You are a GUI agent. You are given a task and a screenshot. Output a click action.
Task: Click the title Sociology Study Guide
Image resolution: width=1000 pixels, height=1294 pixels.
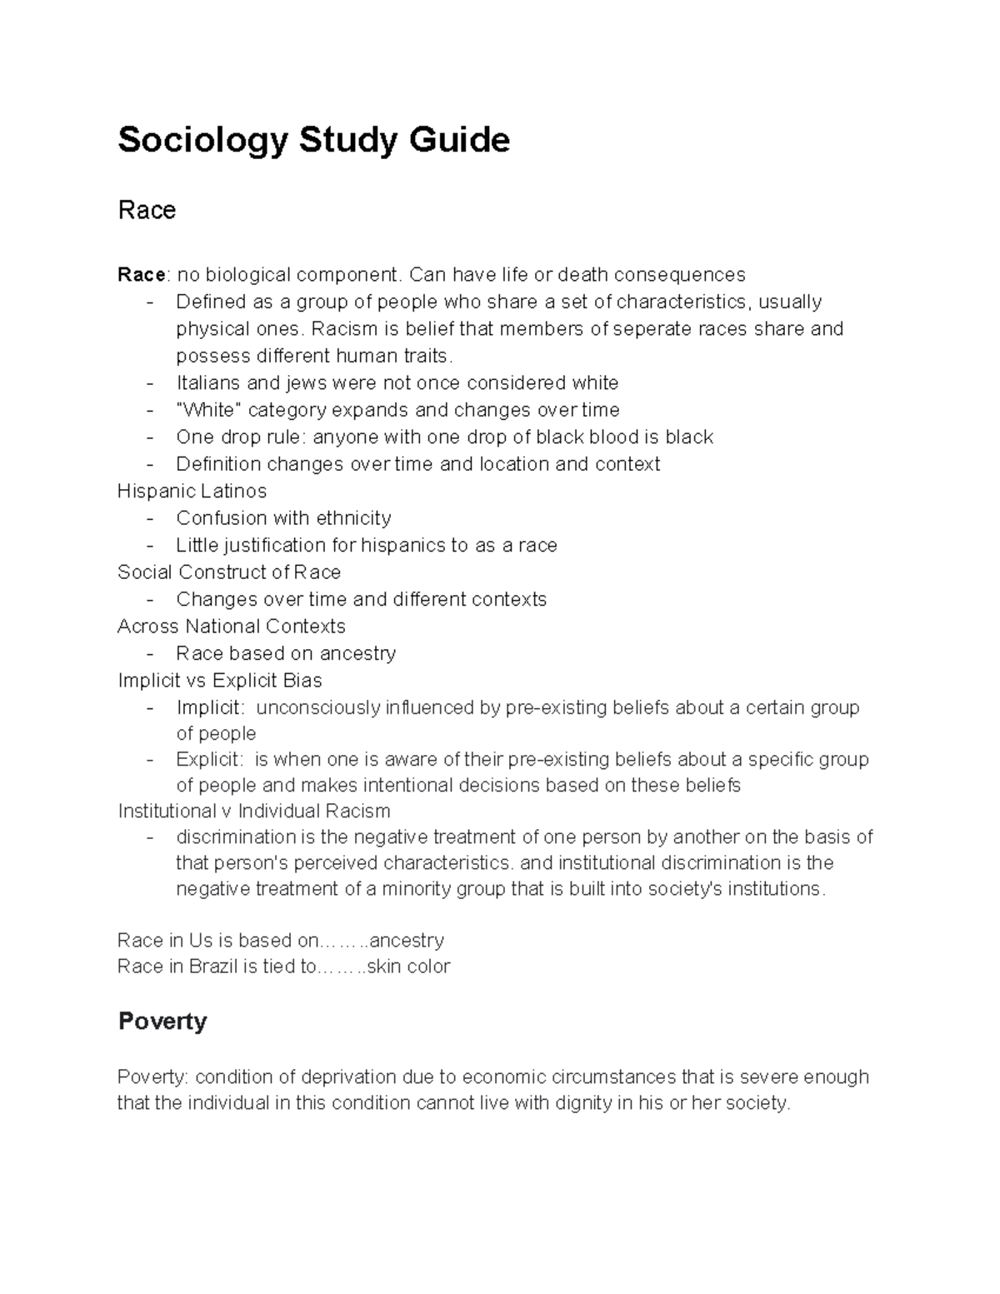click(x=313, y=140)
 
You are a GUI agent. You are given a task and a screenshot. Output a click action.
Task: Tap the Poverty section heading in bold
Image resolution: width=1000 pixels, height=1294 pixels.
click(x=162, y=1021)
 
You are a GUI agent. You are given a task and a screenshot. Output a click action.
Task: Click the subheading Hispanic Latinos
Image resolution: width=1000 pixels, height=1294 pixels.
click(x=192, y=491)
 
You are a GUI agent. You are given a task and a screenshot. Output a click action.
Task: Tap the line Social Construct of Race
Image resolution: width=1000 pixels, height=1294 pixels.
click(x=229, y=572)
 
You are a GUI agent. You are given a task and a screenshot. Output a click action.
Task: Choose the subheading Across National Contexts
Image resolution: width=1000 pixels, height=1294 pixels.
click(x=231, y=626)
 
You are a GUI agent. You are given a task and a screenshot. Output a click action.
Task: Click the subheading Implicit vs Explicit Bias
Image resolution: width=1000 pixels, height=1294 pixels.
click(x=220, y=680)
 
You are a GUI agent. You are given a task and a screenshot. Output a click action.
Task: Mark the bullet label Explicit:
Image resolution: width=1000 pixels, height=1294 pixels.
click(x=210, y=760)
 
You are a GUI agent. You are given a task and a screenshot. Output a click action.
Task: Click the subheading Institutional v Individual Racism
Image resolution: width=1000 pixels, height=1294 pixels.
click(x=253, y=811)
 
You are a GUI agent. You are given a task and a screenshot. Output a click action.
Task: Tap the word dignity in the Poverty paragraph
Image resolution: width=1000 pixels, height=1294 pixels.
click(x=579, y=1103)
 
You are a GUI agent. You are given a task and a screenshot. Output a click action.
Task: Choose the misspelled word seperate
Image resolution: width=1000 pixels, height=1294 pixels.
click(x=647, y=329)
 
